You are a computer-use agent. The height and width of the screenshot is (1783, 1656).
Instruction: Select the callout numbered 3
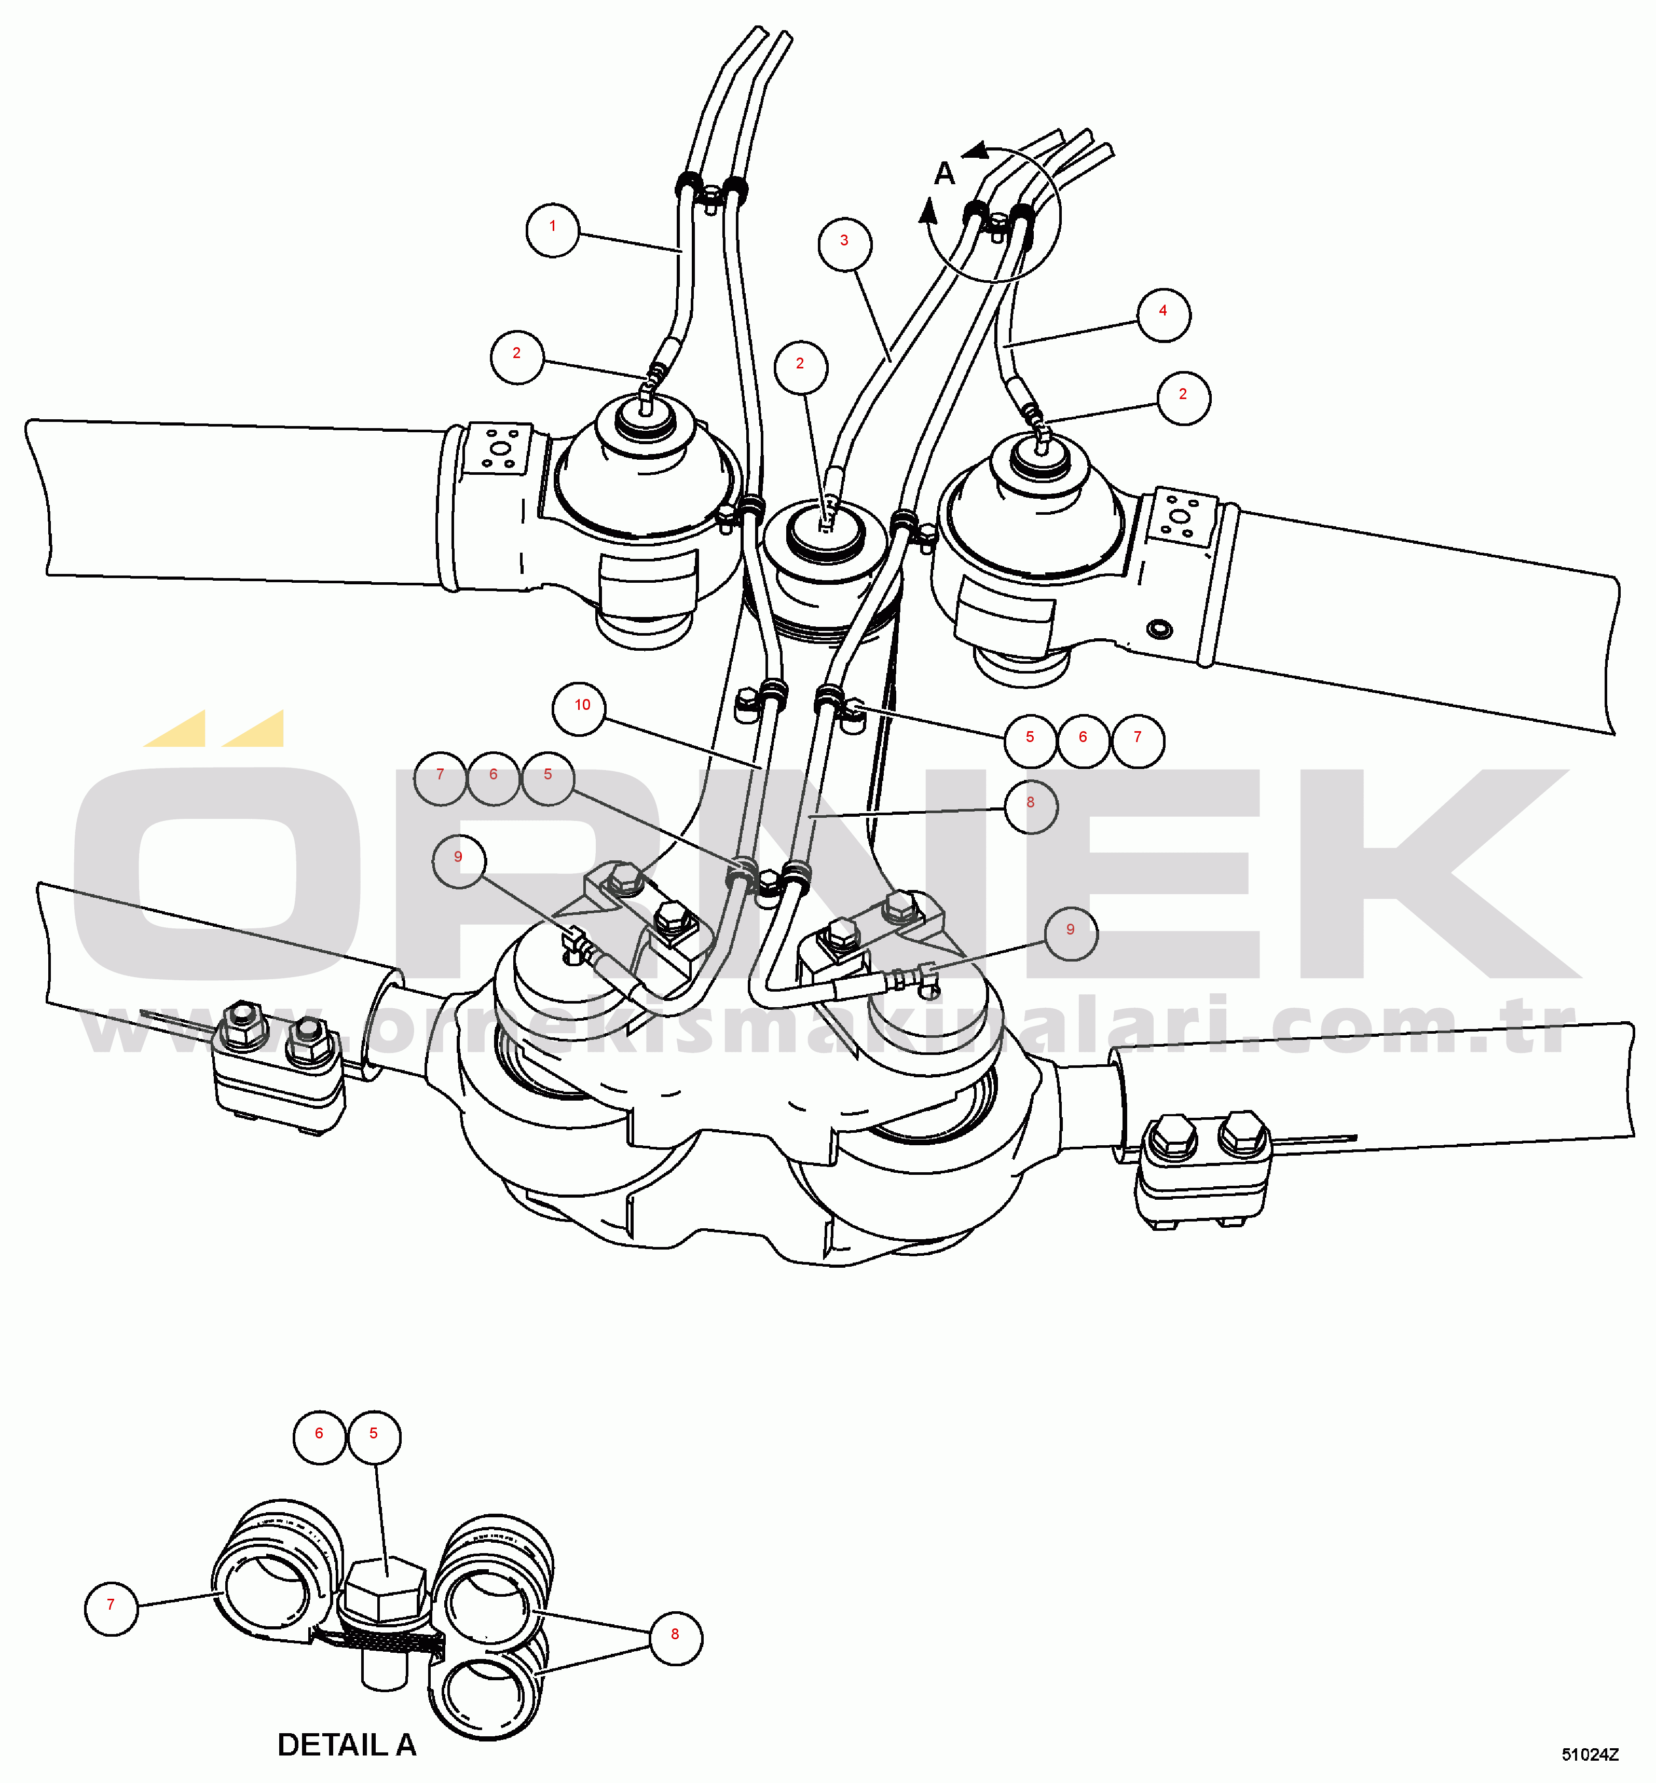pyautogui.click(x=844, y=244)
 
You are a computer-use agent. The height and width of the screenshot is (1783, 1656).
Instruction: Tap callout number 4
pyautogui.click(x=1163, y=314)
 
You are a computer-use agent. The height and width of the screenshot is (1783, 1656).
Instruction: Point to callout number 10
pyautogui.click(x=579, y=709)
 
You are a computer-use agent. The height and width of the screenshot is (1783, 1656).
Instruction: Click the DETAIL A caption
pyautogui.click(x=347, y=1745)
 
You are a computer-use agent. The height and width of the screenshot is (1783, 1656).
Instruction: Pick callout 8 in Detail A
pyautogui.click(x=675, y=1638)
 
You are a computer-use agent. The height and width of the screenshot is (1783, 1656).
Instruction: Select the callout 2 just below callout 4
pyautogui.click(x=1183, y=398)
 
